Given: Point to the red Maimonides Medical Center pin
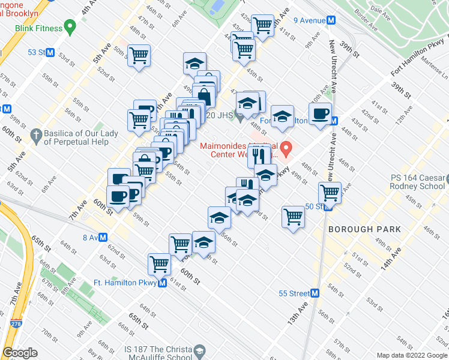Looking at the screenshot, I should pos(287,147).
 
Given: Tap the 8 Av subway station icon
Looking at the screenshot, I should pos(103,237).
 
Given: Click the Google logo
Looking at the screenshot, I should pos(20,352).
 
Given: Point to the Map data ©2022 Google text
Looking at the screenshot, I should pos(412,355).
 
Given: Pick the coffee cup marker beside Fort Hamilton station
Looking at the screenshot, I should pos(320,113).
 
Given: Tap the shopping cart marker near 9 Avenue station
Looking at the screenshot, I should pos(262,25).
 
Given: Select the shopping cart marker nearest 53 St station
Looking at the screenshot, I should pos(139,55).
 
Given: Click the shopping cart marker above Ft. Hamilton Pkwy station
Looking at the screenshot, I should pos(160,263).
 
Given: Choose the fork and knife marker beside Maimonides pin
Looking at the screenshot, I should pos(259,155).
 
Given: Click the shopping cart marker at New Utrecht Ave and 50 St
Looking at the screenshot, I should pos(330,192).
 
